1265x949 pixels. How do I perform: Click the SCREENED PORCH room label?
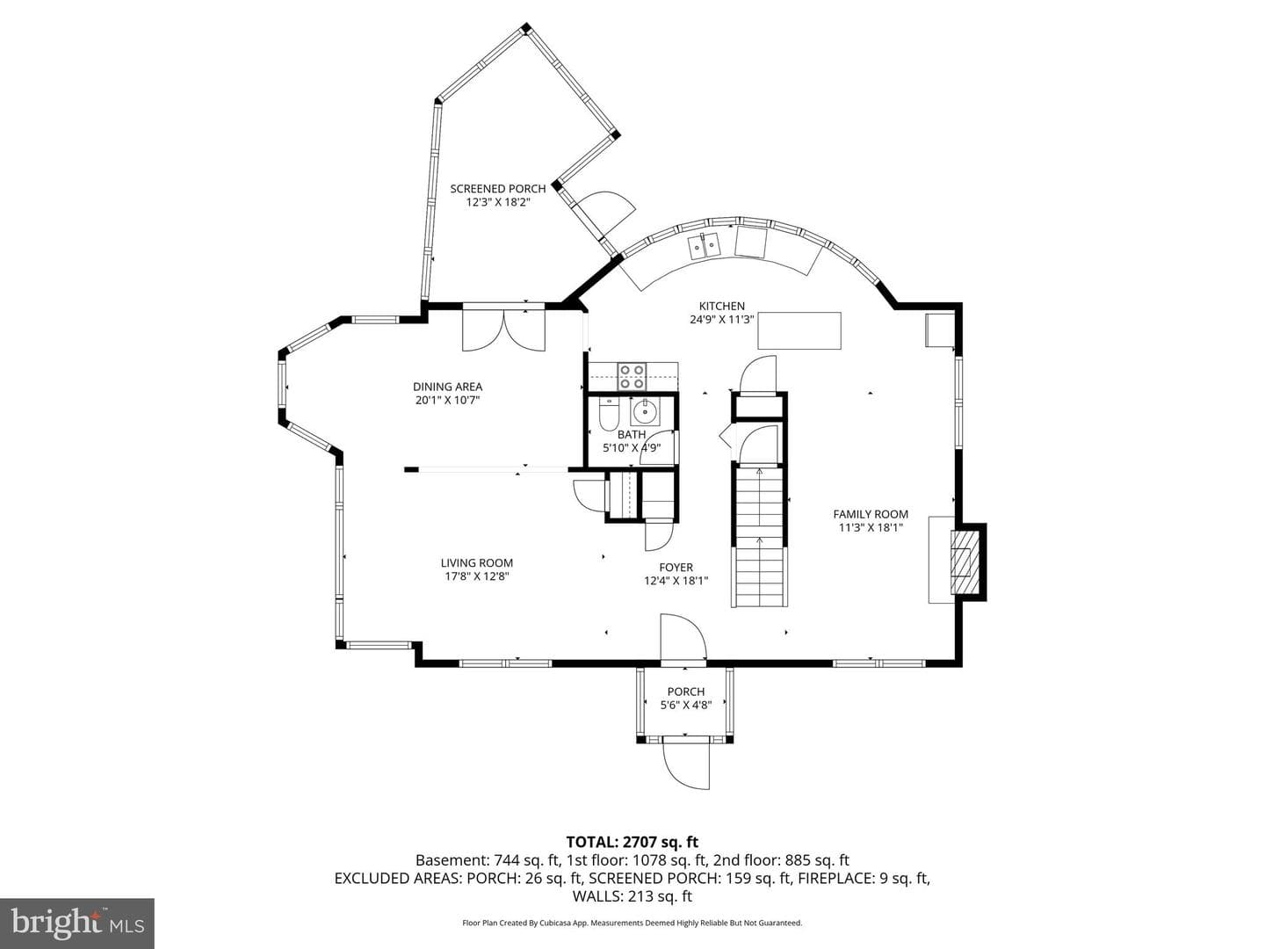(x=497, y=188)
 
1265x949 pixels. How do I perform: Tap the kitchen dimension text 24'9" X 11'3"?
(x=721, y=319)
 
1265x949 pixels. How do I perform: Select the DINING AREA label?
(x=447, y=387)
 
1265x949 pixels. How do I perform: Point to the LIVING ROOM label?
(x=477, y=563)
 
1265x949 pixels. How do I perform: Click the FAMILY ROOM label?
(x=871, y=514)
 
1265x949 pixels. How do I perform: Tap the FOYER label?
(x=676, y=568)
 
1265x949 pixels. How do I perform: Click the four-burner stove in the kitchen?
(x=632, y=376)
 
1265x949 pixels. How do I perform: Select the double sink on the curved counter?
(x=705, y=247)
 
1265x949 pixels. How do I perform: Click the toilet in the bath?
(x=609, y=414)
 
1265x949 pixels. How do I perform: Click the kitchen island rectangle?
(x=799, y=330)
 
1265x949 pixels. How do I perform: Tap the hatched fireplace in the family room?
(x=965, y=561)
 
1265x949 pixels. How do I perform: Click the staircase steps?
(x=760, y=536)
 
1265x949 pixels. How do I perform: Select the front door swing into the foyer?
(x=683, y=636)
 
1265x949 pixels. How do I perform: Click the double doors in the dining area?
(x=503, y=330)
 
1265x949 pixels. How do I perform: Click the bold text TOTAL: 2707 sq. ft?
(x=632, y=842)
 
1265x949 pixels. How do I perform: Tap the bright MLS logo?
(x=77, y=923)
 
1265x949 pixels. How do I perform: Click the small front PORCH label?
(x=686, y=692)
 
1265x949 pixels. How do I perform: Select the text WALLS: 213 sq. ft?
(x=632, y=896)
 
